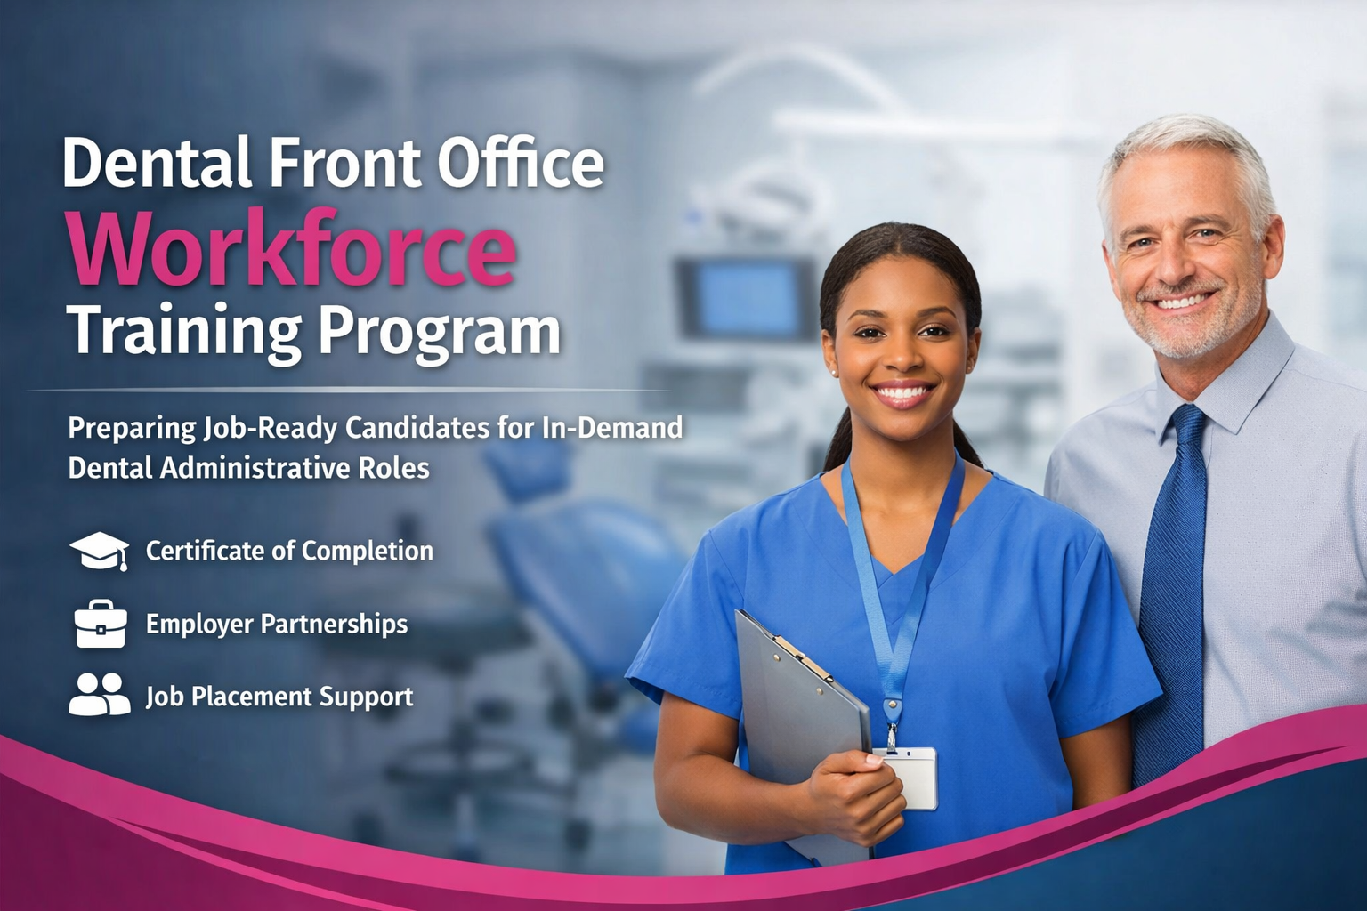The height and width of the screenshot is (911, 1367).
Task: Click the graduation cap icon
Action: coord(99,551)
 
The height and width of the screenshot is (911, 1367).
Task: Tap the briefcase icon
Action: coord(100,624)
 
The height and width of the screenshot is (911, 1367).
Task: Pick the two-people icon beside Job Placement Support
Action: coord(99,695)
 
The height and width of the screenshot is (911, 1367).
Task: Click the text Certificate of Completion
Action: coord(289,552)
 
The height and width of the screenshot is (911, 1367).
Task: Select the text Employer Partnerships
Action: coord(277,624)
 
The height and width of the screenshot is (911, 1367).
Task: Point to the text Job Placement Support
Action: coord(279,696)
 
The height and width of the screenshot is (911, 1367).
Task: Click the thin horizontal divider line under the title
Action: coord(347,390)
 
